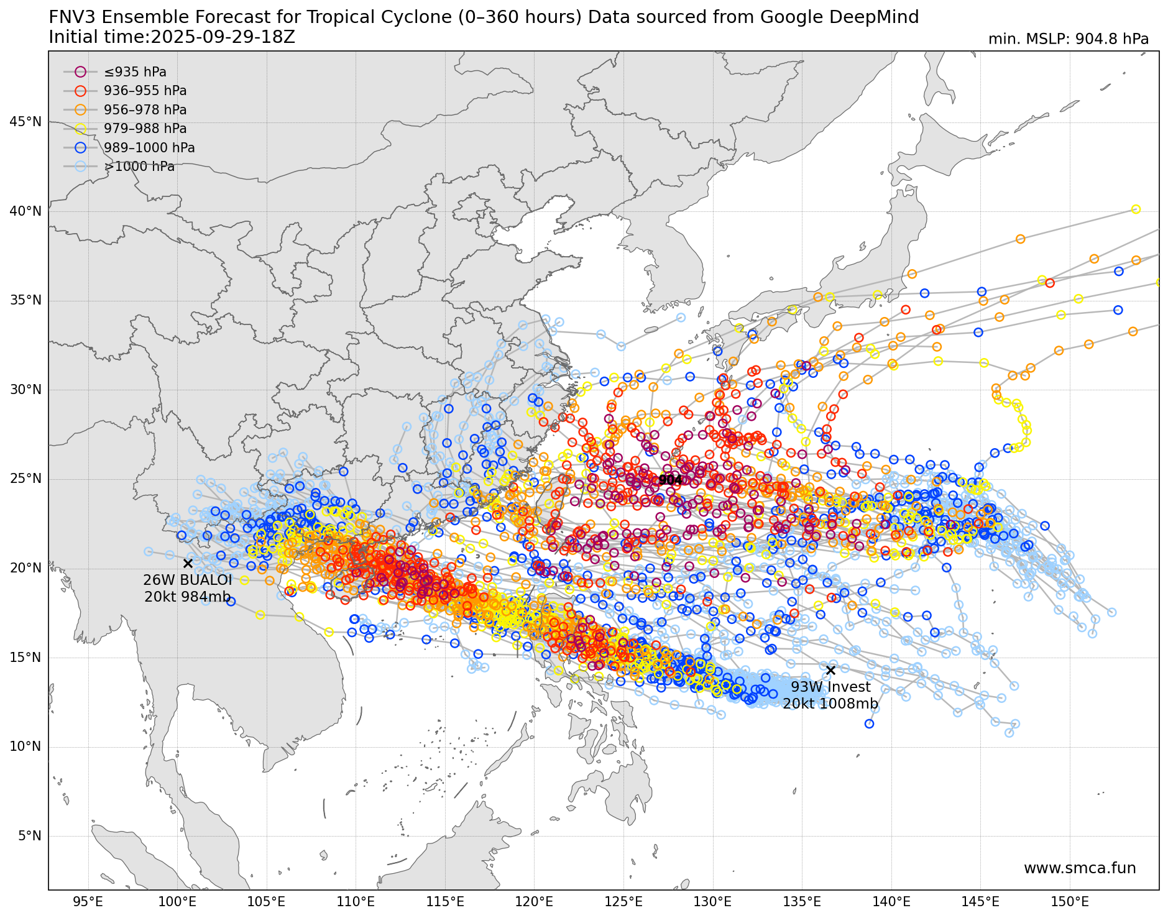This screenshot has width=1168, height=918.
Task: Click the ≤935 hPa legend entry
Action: tap(135, 72)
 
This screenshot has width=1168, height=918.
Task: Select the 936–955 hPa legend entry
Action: tap(145, 91)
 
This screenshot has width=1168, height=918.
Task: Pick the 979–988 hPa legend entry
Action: tap(145, 129)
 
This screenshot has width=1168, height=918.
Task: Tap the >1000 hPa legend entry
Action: tap(139, 167)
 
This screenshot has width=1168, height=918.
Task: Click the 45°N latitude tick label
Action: tap(25, 122)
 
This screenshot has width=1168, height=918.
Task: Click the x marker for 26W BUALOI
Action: tap(188, 564)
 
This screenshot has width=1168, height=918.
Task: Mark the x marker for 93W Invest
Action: tap(830, 670)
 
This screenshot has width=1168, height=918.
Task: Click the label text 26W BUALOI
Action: tap(187, 580)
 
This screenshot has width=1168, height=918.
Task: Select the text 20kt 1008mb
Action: tap(830, 704)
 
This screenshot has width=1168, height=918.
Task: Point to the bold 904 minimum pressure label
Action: tap(670, 480)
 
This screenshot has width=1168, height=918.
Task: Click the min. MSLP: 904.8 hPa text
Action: tap(1068, 39)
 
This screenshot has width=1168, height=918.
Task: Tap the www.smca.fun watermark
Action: tap(1079, 868)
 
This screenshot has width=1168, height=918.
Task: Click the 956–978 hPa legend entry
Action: tap(145, 110)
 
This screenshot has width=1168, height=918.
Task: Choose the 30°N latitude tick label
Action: tap(25, 390)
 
